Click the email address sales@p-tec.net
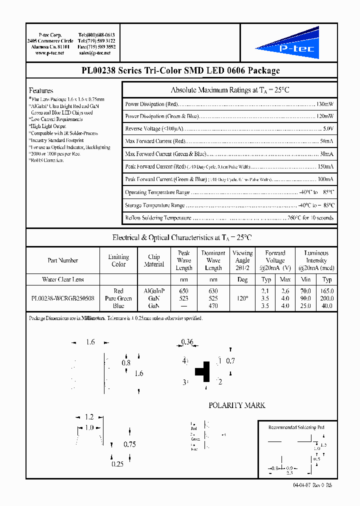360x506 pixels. pos(97,53)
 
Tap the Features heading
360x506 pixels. pos(41,90)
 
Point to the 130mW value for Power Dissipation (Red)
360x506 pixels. pos(324,104)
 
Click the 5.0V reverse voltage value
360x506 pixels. pos(328,129)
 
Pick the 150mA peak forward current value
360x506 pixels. pos(325,166)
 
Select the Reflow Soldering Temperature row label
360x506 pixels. pos(158,218)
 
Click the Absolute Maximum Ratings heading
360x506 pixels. pos(230,90)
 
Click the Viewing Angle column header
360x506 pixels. pos(242,260)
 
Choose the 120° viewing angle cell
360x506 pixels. pos(242,298)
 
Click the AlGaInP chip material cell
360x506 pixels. pos(154,290)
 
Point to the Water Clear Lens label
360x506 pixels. pos(62,279)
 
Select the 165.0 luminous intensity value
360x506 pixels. pos(327,290)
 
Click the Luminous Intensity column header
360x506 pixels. pos(316,260)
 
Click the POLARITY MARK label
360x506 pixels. pos(236,405)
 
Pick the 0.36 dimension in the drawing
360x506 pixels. pos(186,342)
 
